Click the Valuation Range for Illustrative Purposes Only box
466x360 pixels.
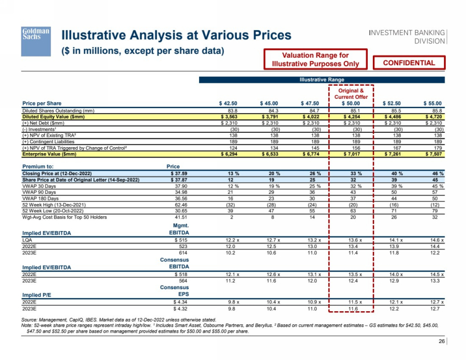315,60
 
